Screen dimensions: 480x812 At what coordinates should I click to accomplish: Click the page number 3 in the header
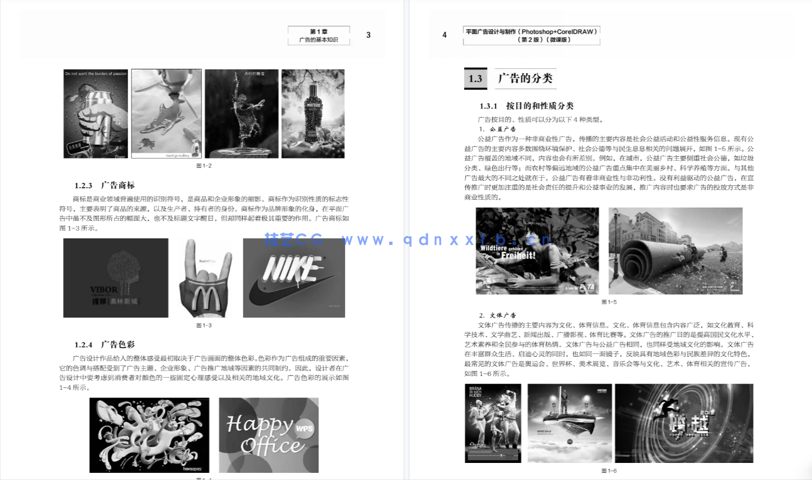coord(368,35)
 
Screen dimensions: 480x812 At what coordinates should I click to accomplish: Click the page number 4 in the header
coord(444,35)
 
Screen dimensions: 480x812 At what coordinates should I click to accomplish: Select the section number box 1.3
coord(475,79)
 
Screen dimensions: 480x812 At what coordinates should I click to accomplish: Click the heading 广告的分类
coord(525,78)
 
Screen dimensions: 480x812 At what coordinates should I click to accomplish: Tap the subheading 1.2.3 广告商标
coord(105,186)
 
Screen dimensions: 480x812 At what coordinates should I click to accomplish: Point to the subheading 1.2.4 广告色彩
coord(105,345)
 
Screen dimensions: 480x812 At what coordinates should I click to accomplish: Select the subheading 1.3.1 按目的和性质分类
coord(526,106)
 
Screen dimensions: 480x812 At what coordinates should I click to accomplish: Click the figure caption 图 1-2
coord(204,166)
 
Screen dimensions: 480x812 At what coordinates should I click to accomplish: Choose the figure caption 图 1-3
coord(204,325)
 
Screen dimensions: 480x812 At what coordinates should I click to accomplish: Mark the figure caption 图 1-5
coord(609,302)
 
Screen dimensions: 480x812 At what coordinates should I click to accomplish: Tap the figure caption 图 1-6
coord(609,471)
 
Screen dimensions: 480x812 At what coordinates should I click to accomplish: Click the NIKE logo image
coord(294,278)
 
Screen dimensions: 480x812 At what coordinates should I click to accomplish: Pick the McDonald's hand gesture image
coord(205,278)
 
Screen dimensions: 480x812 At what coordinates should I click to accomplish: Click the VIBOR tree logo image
coord(116,278)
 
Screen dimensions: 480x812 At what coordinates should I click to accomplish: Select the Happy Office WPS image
coord(269,435)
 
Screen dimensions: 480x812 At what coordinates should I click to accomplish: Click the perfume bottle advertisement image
coord(313,114)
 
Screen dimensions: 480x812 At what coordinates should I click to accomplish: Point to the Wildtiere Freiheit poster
coord(537,251)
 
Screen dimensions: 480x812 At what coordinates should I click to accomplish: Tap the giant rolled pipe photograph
coord(675,251)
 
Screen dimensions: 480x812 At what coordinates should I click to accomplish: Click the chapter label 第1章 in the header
coord(319,31)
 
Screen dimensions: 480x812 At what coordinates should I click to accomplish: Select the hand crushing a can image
coord(96,114)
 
